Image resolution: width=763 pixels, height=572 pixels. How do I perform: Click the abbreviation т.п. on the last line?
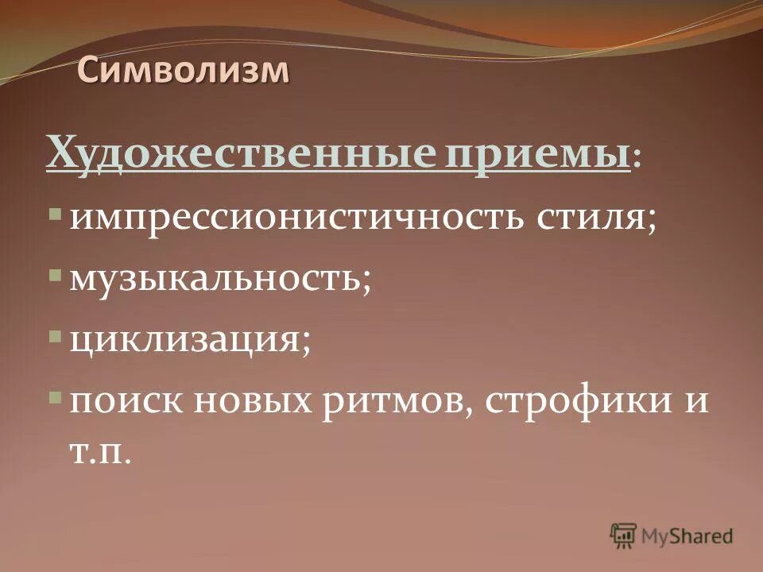point(99,454)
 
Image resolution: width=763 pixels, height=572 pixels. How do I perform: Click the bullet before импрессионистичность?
point(53,214)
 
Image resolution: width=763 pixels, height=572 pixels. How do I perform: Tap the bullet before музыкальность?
point(53,276)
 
